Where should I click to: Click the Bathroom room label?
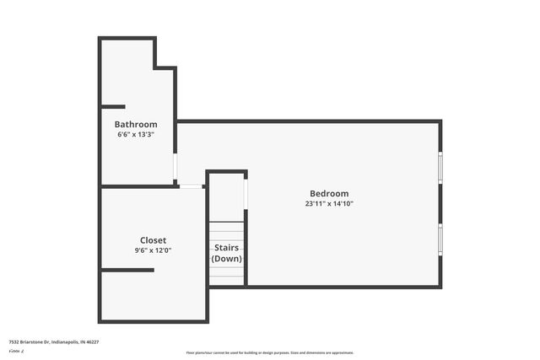click(x=136, y=125)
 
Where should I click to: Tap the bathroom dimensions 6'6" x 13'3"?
click(x=136, y=135)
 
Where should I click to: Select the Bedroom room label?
click(x=328, y=194)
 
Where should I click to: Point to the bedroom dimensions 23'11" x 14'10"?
click(x=328, y=204)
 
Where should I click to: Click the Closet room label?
click(x=153, y=240)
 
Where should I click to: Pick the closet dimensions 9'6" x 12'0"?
click(x=153, y=250)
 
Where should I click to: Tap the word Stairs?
click(x=226, y=248)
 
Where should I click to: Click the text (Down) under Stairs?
click(x=226, y=258)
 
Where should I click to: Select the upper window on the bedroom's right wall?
click(x=440, y=167)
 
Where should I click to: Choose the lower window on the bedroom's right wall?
click(x=440, y=239)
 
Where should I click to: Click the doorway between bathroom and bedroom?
click(x=175, y=168)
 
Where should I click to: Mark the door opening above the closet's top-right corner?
click(x=192, y=186)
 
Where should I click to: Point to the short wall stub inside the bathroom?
click(x=113, y=106)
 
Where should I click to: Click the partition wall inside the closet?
click(x=127, y=270)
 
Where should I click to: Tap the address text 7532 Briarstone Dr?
click(x=30, y=342)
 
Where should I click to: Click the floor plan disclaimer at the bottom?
click(x=270, y=352)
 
